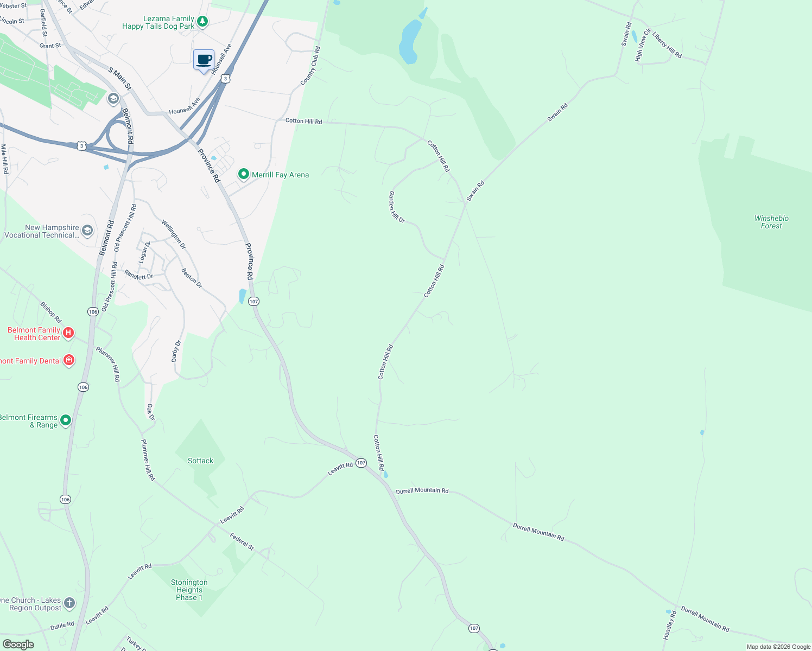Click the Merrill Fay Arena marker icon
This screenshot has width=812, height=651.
(244, 174)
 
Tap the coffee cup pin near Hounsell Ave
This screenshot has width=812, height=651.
(204, 60)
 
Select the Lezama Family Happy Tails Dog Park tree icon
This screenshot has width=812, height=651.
(202, 22)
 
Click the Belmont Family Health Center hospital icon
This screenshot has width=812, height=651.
(68, 333)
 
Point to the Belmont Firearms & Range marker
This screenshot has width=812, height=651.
(66, 420)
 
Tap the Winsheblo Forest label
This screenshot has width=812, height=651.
(771, 222)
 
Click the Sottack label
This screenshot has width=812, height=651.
(200, 461)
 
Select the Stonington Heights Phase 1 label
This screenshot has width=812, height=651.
(189, 590)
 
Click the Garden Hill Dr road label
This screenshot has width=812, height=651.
(397, 207)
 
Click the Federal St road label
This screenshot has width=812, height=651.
(242, 541)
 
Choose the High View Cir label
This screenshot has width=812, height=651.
(643, 45)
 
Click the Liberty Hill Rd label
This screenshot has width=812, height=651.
(667, 46)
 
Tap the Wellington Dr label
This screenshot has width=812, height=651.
(174, 234)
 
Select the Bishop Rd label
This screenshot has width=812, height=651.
(51, 312)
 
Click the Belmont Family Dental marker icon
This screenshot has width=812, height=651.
(69, 360)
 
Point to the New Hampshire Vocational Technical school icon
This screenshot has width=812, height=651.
(87, 231)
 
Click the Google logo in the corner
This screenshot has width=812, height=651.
(18, 644)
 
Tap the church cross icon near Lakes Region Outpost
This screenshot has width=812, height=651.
(69, 603)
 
